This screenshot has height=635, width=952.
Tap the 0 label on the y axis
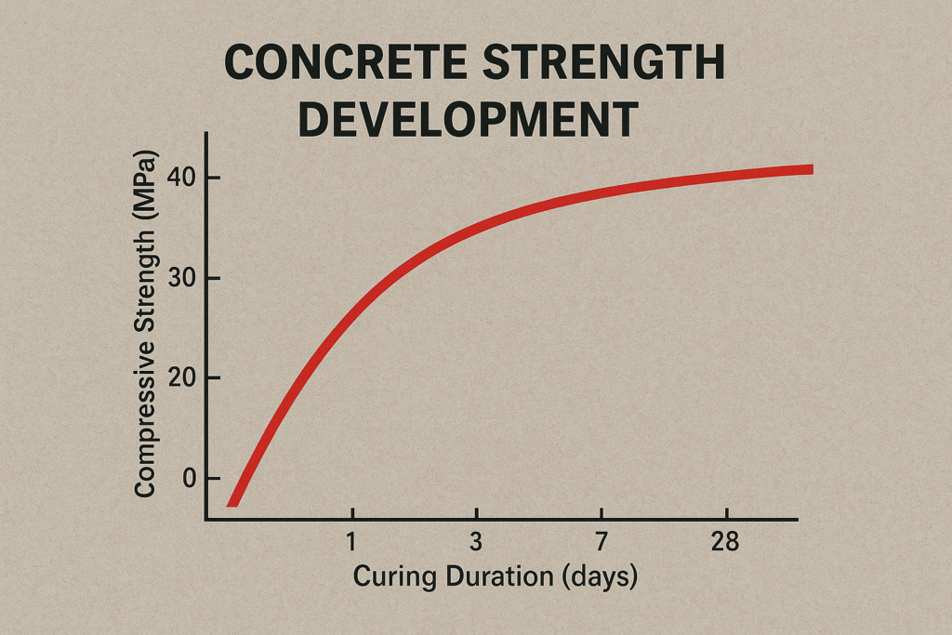click(189, 478)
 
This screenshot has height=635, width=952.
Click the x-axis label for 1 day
click(352, 542)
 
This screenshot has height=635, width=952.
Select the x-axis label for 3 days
click(476, 542)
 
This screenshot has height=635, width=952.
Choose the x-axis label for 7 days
click(601, 542)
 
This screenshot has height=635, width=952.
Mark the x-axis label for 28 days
click(725, 542)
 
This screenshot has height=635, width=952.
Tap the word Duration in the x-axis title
click(500, 576)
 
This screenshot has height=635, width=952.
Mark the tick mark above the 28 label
click(725, 514)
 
